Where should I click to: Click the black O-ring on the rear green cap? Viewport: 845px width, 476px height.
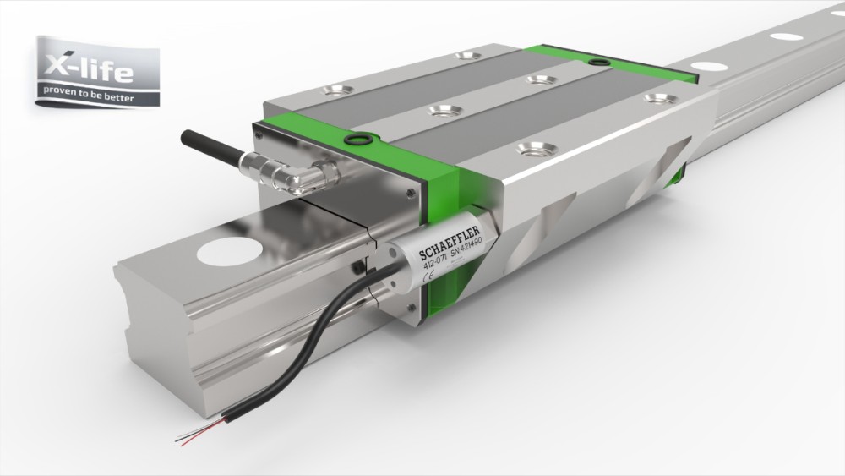click(599, 61)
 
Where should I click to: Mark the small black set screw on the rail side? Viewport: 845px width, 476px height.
click(357, 268)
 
